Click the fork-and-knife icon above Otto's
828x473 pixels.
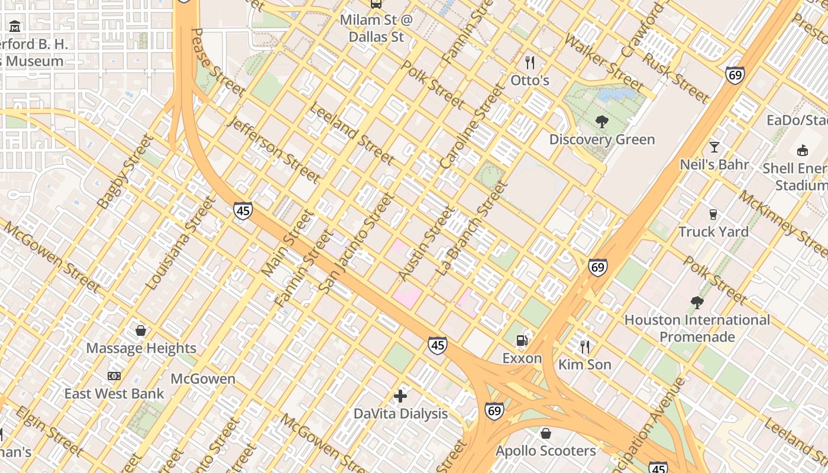click(x=530, y=62)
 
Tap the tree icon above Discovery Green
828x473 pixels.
click(x=602, y=122)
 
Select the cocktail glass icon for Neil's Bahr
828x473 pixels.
click(x=714, y=147)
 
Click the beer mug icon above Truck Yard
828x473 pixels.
click(x=713, y=214)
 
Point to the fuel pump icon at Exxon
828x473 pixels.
click(x=522, y=340)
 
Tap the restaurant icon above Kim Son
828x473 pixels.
click(x=585, y=346)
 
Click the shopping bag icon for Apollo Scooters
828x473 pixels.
click(x=545, y=433)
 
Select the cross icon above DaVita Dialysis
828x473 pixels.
click(x=400, y=396)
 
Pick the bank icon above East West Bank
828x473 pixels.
click(x=114, y=376)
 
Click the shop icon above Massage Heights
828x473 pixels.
click(x=141, y=331)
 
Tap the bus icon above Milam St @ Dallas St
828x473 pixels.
click(x=376, y=4)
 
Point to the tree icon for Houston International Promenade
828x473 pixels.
click(x=697, y=303)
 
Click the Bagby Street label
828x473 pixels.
click(x=124, y=172)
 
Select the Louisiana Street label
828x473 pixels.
click(x=181, y=244)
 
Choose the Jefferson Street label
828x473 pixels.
click(x=274, y=149)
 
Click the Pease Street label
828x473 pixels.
click(x=218, y=62)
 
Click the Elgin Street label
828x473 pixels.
click(x=48, y=431)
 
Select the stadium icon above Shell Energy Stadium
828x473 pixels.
click(x=803, y=150)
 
